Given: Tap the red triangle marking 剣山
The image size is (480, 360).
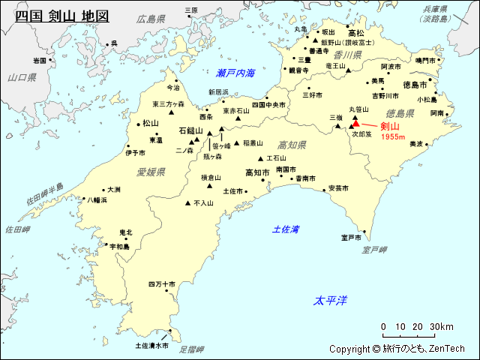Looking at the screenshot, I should tap(356, 126).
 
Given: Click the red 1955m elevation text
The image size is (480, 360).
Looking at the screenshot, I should tap(393, 136).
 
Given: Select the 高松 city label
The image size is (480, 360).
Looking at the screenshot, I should tap(356, 33).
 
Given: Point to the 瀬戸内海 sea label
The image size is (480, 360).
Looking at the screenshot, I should tap(235, 73).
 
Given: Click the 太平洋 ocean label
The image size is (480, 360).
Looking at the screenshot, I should tap(330, 300).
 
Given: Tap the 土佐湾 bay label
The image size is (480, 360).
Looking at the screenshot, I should tap(286, 229).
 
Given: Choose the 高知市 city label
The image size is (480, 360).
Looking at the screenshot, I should tap(257, 172).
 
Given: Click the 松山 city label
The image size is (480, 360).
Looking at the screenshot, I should tap(151, 123).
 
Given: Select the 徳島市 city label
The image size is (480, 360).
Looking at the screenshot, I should tap(415, 85).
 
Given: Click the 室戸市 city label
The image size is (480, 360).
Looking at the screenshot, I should tap(352, 238).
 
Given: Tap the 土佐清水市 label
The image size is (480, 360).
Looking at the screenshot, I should tap(151, 346).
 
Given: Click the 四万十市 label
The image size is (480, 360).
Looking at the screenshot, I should tap(161, 284).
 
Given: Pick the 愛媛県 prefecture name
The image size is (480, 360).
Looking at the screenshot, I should tap(151, 172).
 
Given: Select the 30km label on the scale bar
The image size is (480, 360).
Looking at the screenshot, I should tap(442, 327).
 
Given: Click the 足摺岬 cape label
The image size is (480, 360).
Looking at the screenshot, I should tap(192, 349).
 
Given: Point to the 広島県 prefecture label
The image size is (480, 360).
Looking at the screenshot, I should tap(151, 18).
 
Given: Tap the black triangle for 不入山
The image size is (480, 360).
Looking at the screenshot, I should tap(187, 202).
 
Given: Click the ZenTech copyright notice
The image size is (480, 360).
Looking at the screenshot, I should tap(397, 349).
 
